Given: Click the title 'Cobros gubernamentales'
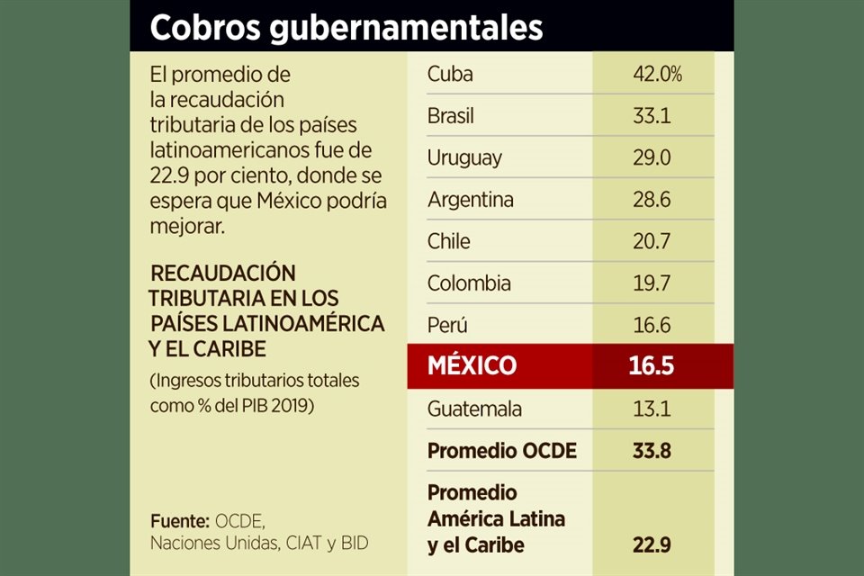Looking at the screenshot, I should tap(346, 27).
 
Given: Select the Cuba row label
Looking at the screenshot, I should tap(450, 74).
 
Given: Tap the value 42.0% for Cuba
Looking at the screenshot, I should tap(657, 74).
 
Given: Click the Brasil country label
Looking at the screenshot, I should tap(451, 116).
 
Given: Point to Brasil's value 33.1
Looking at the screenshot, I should tap(652, 116).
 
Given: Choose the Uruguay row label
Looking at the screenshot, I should tap(464, 158).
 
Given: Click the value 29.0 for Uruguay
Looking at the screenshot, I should tap(652, 158).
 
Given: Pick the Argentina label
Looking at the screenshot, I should tap(471, 200).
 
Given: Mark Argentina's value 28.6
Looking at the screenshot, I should tap(652, 200).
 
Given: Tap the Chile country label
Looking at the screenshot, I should tap(449, 241).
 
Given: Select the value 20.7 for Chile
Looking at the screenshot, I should tap(652, 241).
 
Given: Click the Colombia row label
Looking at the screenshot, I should tap(469, 283).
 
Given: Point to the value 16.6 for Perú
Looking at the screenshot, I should tap(652, 325).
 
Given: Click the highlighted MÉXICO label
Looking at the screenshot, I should tap(472, 365).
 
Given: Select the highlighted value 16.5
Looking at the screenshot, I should tap(652, 365).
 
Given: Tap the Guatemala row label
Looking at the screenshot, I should tap(474, 409).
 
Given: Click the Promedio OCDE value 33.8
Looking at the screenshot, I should tap(652, 451).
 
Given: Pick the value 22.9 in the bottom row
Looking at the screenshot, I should tap(652, 545).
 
